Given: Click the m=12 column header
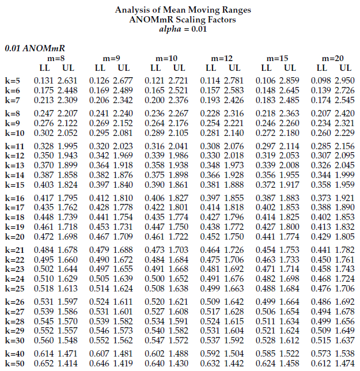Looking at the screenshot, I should (222, 59).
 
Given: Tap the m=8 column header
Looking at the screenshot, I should (56, 59).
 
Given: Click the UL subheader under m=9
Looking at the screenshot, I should (124, 67).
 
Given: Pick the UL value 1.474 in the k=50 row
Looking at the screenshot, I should (345, 364).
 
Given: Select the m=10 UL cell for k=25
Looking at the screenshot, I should (178, 289).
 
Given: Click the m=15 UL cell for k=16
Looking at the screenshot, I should (289, 198).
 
